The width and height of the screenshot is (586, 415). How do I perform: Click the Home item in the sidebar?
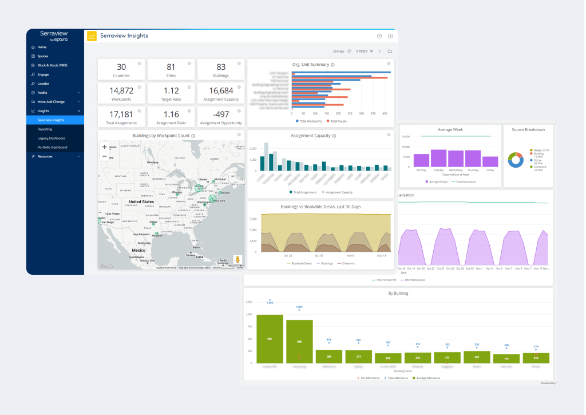click(x=42, y=47)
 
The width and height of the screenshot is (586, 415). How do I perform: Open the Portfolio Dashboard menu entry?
click(x=52, y=147)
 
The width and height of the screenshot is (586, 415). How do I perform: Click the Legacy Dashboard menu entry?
click(x=51, y=138)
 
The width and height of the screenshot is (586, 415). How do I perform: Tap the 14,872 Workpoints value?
click(x=121, y=90)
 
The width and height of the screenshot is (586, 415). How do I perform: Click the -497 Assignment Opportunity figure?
click(x=221, y=114)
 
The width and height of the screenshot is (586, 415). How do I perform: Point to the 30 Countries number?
click(x=121, y=67)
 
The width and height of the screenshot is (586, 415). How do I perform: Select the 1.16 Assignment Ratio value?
click(x=171, y=114)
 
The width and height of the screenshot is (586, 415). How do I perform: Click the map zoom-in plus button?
click(x=104, y=147)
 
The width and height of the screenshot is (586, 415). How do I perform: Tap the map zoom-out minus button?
click(x=104, y=156)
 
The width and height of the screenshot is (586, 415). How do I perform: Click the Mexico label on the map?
click(x=138, y=250)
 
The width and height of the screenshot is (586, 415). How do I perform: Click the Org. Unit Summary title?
click(x=310, y=65)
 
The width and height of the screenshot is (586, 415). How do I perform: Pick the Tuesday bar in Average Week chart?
click(x=438, y=158)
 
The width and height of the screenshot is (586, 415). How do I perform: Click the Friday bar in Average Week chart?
click(x=490, y=161)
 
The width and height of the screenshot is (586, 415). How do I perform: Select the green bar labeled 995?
click(x=270, y=339)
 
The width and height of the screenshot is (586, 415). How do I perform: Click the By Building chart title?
click(x=398, y=294)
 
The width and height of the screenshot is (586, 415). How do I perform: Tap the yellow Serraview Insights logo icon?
click(x=92, y=36)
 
